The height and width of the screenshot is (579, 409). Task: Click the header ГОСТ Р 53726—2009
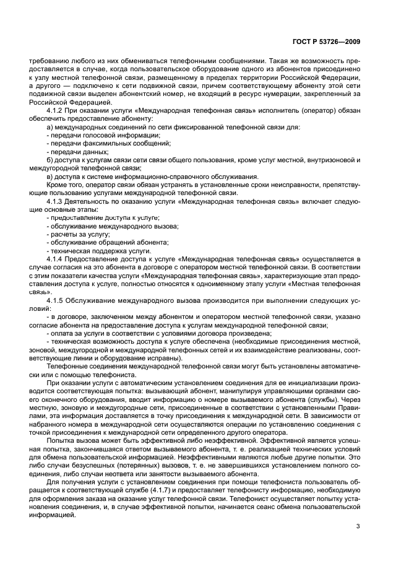pos(329,41)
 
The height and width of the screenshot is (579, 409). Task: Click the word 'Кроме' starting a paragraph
pos(57,185)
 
